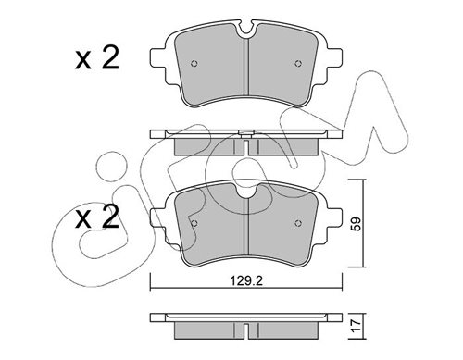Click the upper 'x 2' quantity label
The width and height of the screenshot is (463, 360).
pos(96,57)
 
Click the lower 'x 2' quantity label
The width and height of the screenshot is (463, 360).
pos(96,217)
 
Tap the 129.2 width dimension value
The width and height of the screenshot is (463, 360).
pos(246,280)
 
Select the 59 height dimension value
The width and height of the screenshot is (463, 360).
pos(357,224)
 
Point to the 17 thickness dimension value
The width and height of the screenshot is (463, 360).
pos(357,326)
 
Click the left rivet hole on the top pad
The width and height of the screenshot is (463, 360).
pos(194,64)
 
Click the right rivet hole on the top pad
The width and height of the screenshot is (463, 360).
pos(298,64)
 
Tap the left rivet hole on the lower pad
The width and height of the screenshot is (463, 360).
pos(194,223)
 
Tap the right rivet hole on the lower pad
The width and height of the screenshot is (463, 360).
pos(298,223)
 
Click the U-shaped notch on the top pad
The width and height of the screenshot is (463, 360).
pos(246,31)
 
